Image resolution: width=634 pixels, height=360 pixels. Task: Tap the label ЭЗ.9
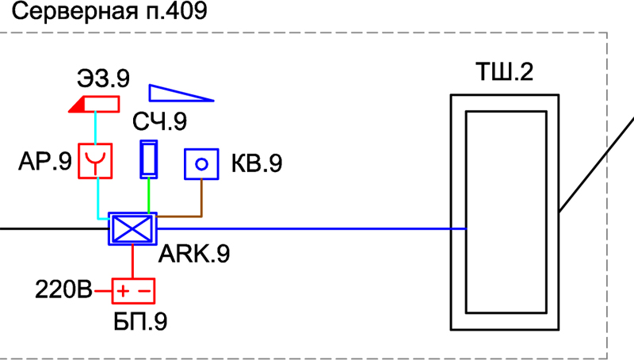coord(103,79)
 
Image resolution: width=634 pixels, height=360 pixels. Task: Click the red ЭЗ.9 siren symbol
coord(95,104)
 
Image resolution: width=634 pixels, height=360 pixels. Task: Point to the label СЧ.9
coord(160,122)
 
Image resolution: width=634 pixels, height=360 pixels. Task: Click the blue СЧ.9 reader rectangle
coord(148,159)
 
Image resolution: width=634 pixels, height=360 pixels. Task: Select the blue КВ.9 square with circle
coord(201,164)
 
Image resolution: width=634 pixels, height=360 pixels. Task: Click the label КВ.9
coord(256,164)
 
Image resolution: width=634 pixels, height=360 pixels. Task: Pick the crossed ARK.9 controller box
coord(132,229)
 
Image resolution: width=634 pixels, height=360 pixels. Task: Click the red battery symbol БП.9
coord(132,292)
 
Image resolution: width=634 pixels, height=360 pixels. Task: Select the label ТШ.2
coord(504,74)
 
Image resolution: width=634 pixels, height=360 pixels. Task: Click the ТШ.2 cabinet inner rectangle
coord(505,212)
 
